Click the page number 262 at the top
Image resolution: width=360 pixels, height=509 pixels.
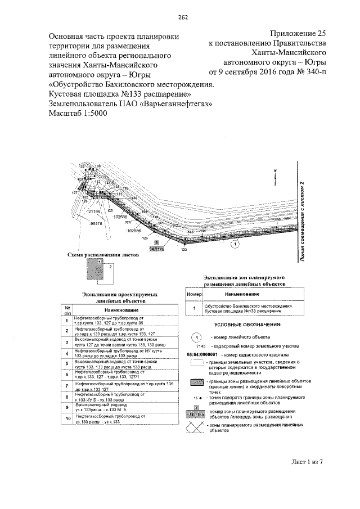pos(183,16)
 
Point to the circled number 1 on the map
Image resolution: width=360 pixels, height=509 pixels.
pos(235,244)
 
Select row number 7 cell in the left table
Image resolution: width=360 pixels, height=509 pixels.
pos(67,386)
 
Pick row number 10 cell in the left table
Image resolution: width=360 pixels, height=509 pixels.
pos(67,418)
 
